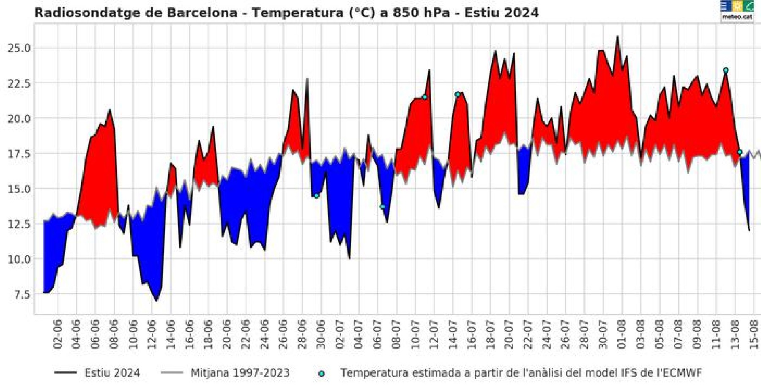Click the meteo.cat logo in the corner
click(x=737, y=11)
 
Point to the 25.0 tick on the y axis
click(x=19, y=48)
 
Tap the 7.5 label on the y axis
click(x=22, y=294)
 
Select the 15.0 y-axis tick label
click(x=19, y=189)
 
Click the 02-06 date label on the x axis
click(x=57, y=334)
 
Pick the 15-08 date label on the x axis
click(x=753, y=334)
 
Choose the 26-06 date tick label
click(x=283, y=334)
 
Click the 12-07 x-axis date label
click(x=434, y=334)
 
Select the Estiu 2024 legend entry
click(x=112, y=373)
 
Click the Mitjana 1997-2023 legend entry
click(x=240, y=373)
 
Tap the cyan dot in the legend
click(x=321, y=374)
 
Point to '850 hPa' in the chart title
click(x=421, y=13)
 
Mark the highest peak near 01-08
click(x=618, y=37)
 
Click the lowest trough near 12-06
click(x=156, y=300)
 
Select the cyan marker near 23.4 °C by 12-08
click(x=726, y=70)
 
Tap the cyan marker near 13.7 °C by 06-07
click(x=383, y=207)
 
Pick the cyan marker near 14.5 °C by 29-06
click(x=316, y=196)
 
